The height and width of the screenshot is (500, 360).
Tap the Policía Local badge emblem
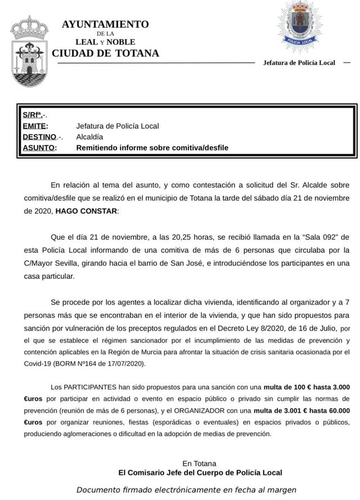click(x=299, y=26)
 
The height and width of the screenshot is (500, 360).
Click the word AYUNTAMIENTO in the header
click(x=105, y=24)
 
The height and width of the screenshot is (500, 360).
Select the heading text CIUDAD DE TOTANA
click(x=105, y=53)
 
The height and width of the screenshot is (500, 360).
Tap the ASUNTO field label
click(x=39, y=148)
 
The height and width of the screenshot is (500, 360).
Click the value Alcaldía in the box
click(x=89, y=137)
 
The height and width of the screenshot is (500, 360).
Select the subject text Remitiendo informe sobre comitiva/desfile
click(x=152, y=148)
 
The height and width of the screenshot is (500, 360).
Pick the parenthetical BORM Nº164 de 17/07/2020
click(x=99, y=363)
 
